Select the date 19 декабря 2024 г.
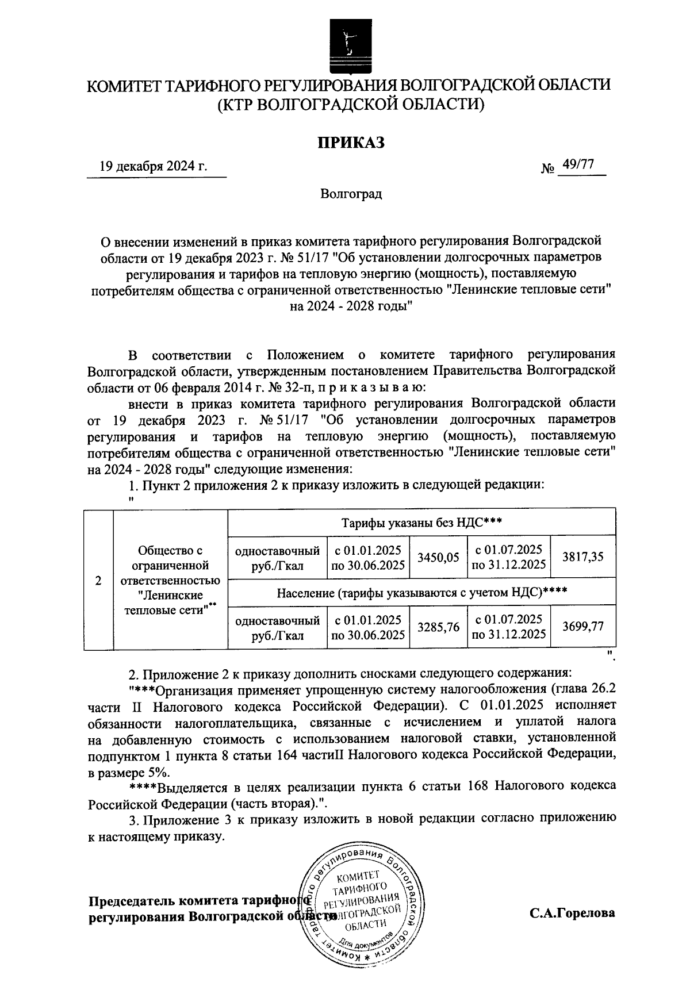[x=153, y=167]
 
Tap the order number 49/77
[x=578, y=165]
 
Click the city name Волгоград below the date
[x=351, y=194]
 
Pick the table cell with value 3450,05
[x=438, y=557]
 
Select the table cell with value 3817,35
[x=583, y=557]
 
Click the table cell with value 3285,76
[x=438, y=627]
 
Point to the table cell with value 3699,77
[x=583, y=627]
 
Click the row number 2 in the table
[x=99, y=580]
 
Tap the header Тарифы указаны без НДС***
[x=422, y=523]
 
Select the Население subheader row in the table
[x=422, y=593]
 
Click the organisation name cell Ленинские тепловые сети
[x=170, y=580]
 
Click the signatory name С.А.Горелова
[x=572, y=912]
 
